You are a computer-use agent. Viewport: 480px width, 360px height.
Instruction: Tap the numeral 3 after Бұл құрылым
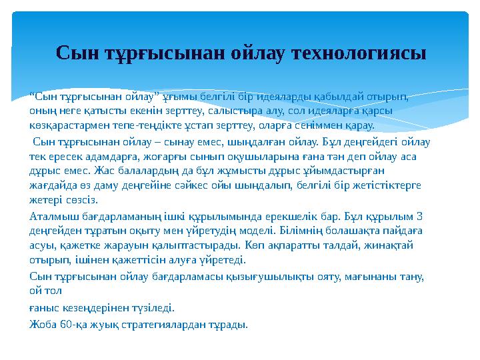(419, 217)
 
